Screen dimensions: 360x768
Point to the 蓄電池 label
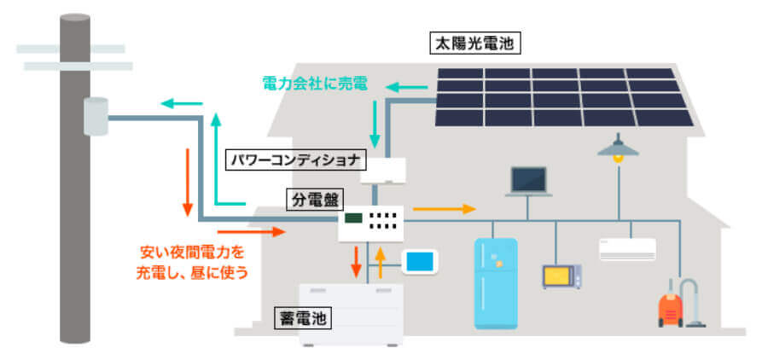tap(301, 318)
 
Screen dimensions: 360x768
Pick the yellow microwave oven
tap(561, 276)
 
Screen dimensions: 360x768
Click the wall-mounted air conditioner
tap(628, 248)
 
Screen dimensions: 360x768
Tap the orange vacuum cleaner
tap(674, 305)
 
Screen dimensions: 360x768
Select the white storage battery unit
tap(351, 313)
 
